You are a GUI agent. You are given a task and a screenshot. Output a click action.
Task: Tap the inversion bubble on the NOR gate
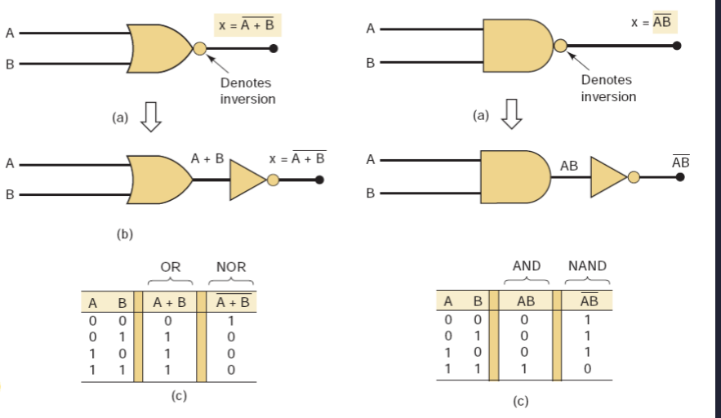click(200, 49)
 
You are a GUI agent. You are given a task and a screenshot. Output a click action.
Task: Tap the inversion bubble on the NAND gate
click(561, 46)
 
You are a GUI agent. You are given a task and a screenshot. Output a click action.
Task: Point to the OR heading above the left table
click(170, 267)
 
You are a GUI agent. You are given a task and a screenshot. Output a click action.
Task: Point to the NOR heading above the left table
click(231, 267)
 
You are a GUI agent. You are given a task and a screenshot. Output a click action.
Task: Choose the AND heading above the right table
click(527, 266)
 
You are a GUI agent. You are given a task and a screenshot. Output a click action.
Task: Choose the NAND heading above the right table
click(587, 266)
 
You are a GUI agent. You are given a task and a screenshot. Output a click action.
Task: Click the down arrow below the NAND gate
click(511, 115)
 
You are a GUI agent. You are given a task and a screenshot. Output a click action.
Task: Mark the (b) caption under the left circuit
click(124, 234)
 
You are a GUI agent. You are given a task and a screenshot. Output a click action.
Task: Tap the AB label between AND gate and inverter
click(569, 166)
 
